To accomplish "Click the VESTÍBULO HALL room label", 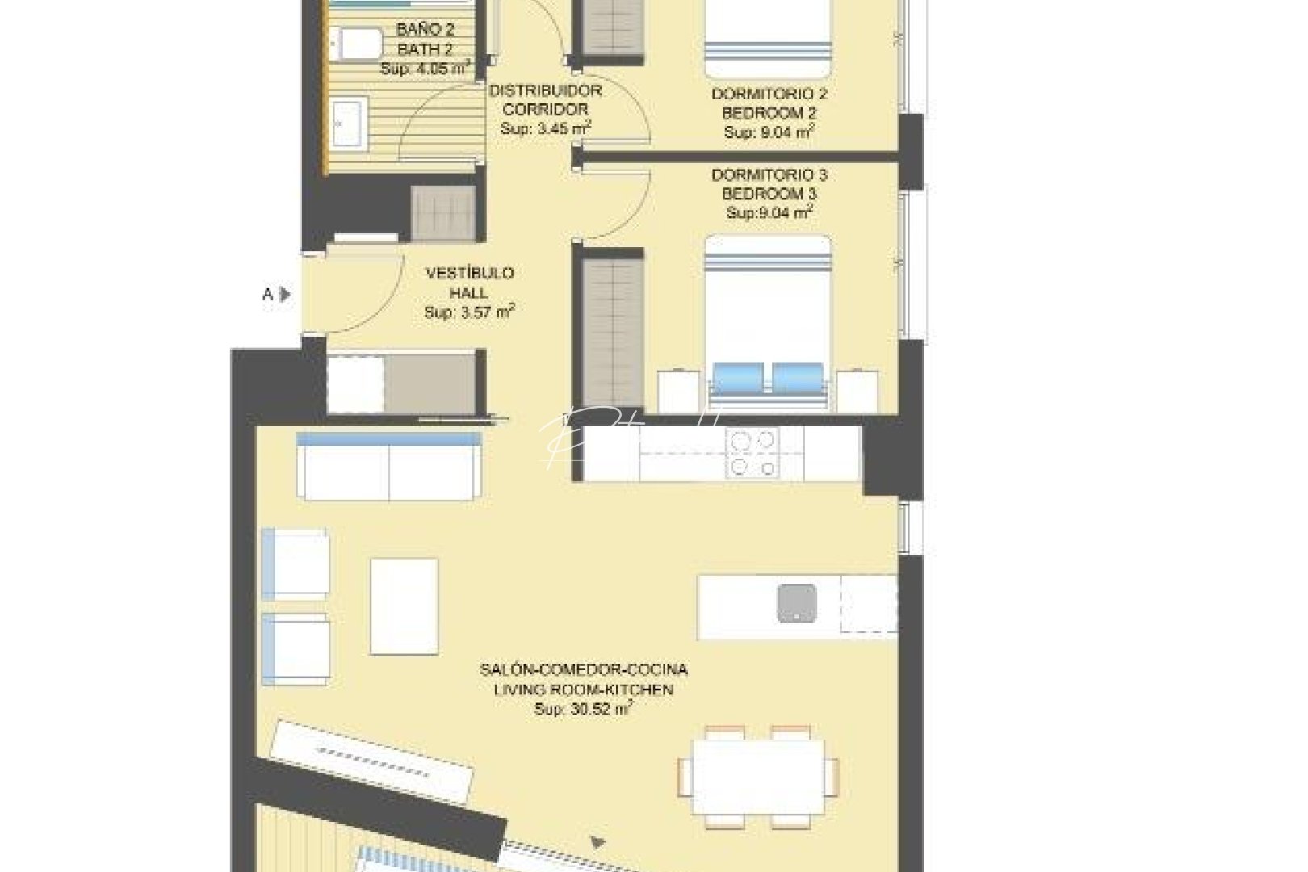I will (x=469, y=283).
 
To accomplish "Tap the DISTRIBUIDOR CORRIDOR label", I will (x=545, y=100).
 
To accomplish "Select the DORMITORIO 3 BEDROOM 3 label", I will (x=769, y=184).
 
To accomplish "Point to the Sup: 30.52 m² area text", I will (x=583, y=710).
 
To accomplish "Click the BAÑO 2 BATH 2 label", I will (x=425, y=40).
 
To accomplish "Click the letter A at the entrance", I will (x=267, y=295).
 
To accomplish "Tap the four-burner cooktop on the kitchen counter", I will (x=752, y=454).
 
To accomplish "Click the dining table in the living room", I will (x=758, y=777).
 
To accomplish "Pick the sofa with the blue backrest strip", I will (x=388, y=466).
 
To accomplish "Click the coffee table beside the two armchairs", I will (x=404, y=606).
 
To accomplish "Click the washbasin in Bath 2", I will (x=350, y=123).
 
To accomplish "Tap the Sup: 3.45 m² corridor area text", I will (x=545, y=128).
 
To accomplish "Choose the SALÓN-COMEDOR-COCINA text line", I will (x=583, y=669).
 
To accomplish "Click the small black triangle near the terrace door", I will (x=597, y=843).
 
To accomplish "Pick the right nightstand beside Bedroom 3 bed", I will (x=857, y=392).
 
